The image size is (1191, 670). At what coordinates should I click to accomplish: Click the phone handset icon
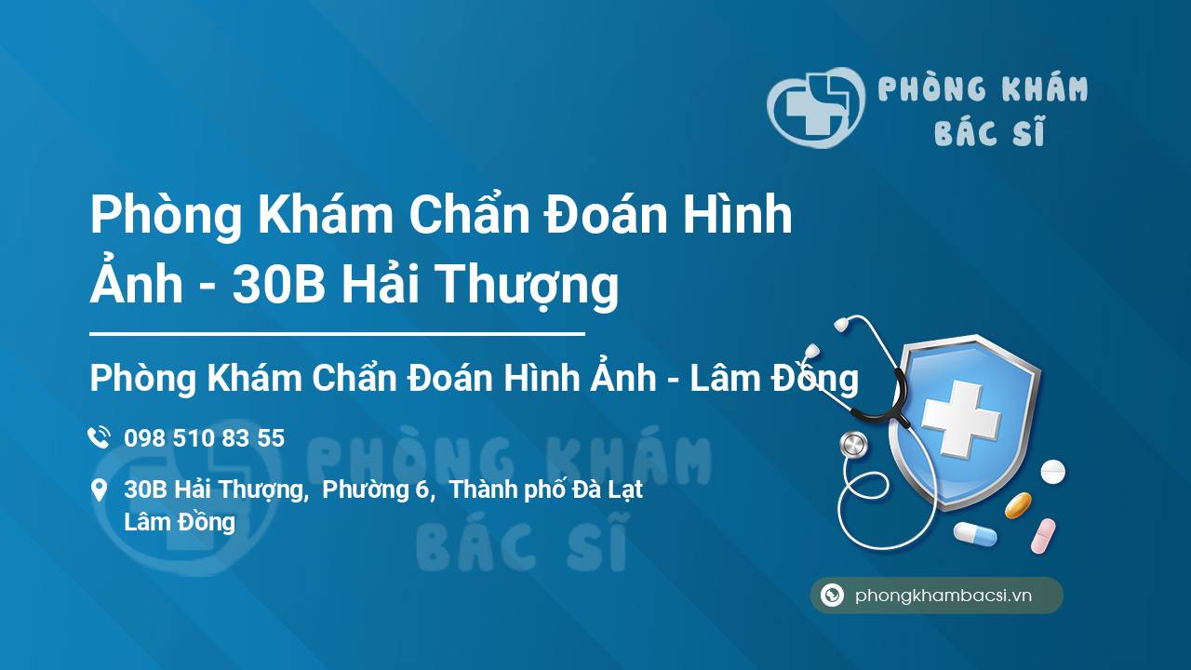click(x=99, y=437)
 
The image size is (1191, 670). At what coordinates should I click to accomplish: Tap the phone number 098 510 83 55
click(x=204, y=438)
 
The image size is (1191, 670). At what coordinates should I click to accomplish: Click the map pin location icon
click(x=99, y=490)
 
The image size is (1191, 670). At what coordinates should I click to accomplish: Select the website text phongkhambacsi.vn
click(x=943, y=596)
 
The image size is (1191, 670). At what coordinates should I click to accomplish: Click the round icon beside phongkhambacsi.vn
click(x=832, y=595)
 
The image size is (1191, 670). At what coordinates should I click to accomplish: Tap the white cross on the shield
click(x=961, y=419)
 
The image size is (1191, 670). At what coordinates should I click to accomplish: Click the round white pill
click(x=1052, y=472)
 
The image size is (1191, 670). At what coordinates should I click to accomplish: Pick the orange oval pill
click(x=1018, y=505)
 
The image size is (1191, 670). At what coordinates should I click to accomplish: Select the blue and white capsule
click(x=975, y=533)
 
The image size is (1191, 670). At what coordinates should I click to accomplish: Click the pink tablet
click(x=1043, y=536)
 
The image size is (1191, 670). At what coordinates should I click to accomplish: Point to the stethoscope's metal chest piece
click(x=853, y=445)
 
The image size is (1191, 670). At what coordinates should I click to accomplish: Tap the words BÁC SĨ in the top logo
click(x=989, y=131)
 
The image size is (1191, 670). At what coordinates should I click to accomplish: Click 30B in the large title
click(x=278, y=284)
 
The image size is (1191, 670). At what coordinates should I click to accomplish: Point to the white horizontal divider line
click(x=337, y=334)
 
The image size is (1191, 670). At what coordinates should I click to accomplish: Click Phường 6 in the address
click(x=375, y=489)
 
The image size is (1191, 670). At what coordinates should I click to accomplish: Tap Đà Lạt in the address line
click(x=608, y=489)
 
